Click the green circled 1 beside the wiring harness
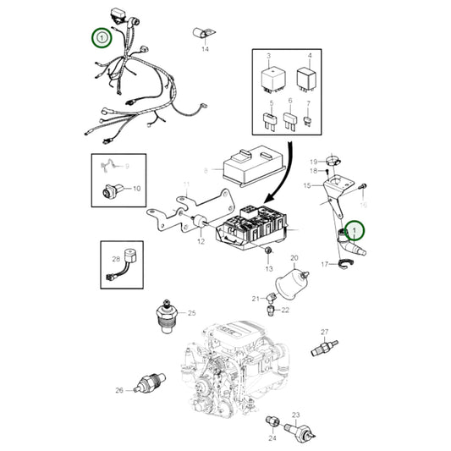(x=102, y=37)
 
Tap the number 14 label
(x=204, y=50)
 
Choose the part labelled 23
(x=300, y=428)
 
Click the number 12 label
(x=201, y=242)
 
